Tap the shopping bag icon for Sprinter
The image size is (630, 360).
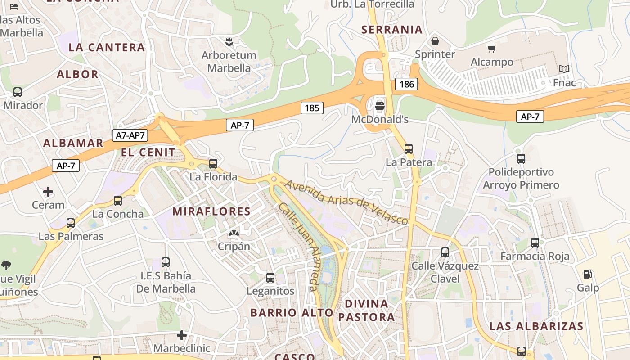click(x=435, y=41)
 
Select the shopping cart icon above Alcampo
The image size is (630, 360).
click(x=491, y=49)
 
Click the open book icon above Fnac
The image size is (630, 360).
click(x=564, y=69)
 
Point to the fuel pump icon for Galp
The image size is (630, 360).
click(x=587, y=274)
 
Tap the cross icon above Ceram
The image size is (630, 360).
click(x=48, y=192)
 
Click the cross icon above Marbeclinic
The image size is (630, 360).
click(x=182, y=335)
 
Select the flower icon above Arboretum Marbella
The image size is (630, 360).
click(x=229, y=42)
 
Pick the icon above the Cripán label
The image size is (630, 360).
click(x=234, y=233)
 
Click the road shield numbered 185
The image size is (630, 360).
click(x=312, y=108)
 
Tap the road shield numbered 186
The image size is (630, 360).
click(x=406, y=84)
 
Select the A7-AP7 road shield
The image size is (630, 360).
click(x=130, y=135)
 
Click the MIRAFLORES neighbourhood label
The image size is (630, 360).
click(x=211, y=211)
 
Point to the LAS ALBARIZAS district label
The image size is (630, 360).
click(x=536, y=326)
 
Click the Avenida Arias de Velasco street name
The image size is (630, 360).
click(x=346, y=202)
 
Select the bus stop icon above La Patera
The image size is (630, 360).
click(x=409, y=148)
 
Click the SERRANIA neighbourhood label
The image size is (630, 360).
click(x=392, y=30)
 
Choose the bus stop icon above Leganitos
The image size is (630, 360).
click(x=270, y=278)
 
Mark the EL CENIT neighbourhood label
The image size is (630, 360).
click(x=148, y=152)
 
